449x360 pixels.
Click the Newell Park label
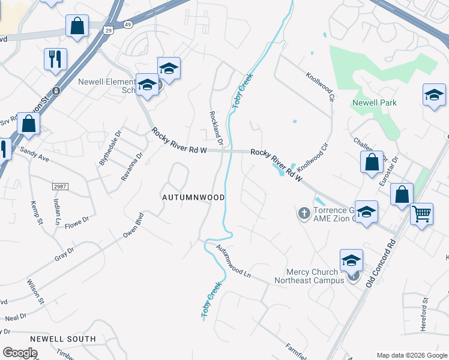click(x=375, y=103)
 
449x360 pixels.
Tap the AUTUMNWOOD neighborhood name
click(x=194, y=197)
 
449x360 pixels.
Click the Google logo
click(x=20, y=353)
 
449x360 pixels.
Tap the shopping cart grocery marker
click(x=422, y=214)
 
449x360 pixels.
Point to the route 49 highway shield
click(x=127, y=24)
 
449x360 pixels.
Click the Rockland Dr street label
click(x=217, y=128)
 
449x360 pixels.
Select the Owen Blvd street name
click(x=133, y=225)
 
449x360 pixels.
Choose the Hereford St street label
click(x=424, y=309)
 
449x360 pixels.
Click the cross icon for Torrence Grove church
click(x=304, y=212)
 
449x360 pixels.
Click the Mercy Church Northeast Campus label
click(x=310, y=276)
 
